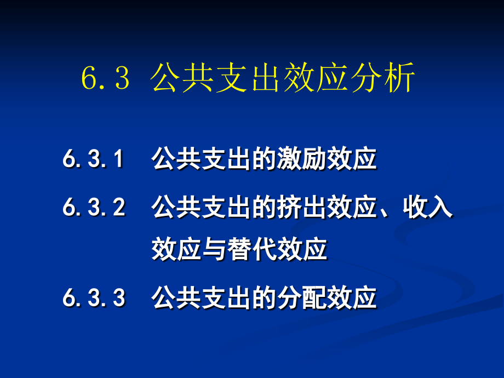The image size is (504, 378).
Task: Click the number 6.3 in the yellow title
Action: (x=105, y=79)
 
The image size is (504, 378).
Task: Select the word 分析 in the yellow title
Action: (x=388, y=79)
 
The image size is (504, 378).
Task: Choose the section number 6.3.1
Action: (x=94, y=160)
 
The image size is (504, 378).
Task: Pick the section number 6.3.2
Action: (x=94, y=208)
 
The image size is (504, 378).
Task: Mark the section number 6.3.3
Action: (x=94, y=299)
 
